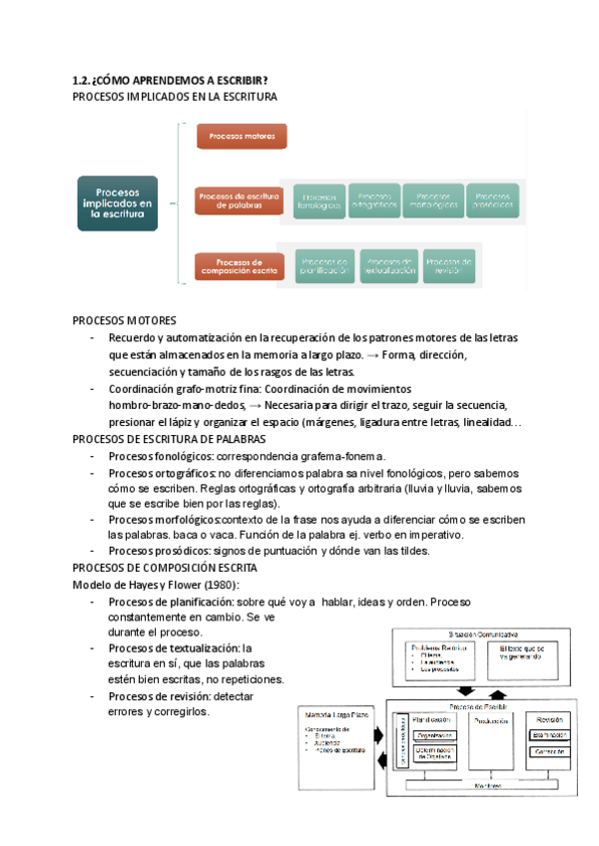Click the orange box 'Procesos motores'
242,137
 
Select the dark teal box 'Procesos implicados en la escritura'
118,203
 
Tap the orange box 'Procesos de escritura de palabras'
238,202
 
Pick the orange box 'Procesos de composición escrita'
239,266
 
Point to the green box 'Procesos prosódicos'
492,202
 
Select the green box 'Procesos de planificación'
323,266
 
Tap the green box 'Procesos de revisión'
449,266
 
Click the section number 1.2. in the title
84,80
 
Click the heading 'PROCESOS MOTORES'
125,320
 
